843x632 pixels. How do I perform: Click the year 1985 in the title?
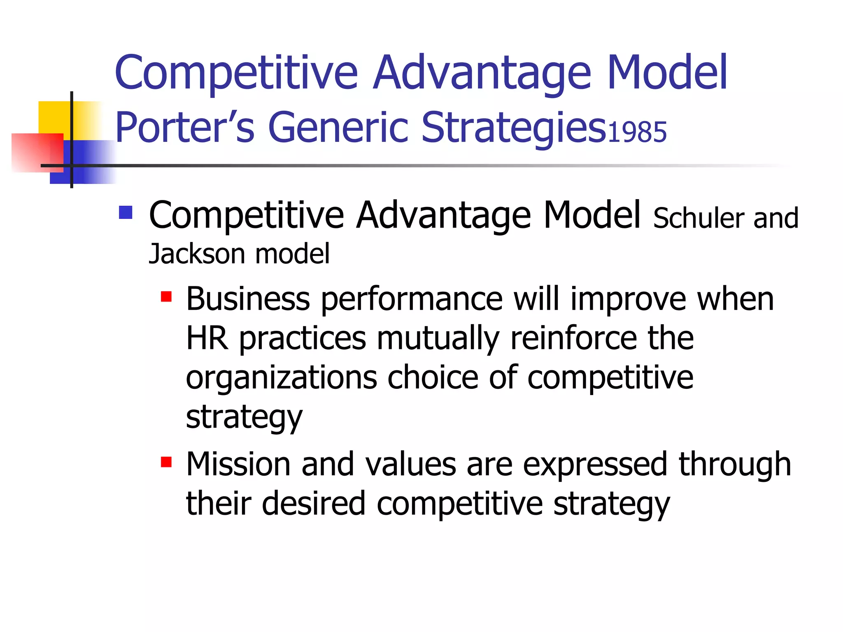pos(637,132)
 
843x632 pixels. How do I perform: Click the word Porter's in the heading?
pos(185,128)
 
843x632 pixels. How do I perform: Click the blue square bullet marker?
pos(126,212)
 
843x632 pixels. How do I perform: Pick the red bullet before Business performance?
pos(166,297)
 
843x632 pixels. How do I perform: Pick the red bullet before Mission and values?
pos(166,462)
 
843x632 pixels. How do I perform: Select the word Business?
pos(248,299)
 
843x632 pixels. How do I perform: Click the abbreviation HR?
pos(207,338)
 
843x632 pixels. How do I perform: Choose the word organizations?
pos(281,378)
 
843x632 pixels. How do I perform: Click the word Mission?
pos(238,464)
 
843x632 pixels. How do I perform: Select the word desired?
pos(313,504)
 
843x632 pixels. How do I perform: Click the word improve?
pos(628,300)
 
